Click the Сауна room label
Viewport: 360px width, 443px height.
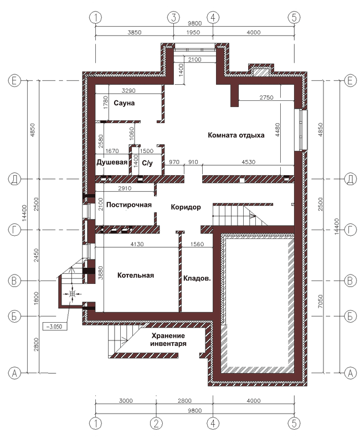tap(124, 103)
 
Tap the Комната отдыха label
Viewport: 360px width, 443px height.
tap(236, 135)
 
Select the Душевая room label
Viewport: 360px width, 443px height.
tap(112, 162)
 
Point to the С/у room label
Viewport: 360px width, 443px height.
tap(147, 163)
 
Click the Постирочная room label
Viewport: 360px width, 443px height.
tap(129, 205)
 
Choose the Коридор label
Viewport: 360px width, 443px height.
tap(186, 207)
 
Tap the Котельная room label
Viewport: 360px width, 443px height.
tap(136, 275)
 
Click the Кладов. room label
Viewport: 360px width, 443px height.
tap(197, 278)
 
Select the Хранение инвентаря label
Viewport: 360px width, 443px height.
tap(168, 339)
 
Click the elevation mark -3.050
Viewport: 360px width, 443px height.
tap(55, 327)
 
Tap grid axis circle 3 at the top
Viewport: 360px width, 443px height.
tap(173, 18)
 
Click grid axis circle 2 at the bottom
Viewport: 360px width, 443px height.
tap(156, 424)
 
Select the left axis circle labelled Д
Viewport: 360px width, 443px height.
tap(14, 179)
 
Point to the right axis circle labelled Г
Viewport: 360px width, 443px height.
tap(351, 230)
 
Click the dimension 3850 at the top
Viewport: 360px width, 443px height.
tap(134, 32)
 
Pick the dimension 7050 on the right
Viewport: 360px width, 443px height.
tap(320, 301)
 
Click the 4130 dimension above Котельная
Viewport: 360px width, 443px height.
tap(137, 244)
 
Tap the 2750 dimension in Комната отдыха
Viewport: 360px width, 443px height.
tap(266, 98)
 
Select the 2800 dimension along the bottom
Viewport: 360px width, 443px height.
tap(184, 401)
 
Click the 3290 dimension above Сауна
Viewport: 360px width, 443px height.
tap(128, 91)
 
